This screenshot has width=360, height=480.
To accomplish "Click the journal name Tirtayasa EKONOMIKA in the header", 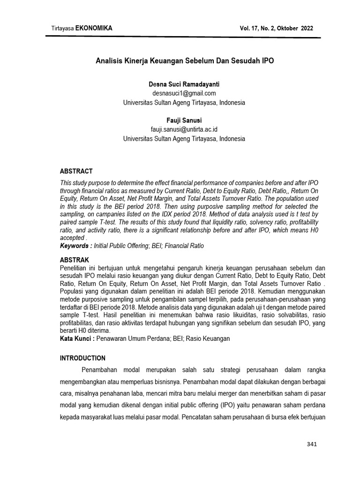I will point(82,29).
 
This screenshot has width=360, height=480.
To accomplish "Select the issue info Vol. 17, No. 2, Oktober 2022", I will point(276,29).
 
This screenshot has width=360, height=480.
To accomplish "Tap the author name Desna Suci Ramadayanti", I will point(184,84).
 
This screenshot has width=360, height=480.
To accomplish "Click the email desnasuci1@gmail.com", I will point(184,93).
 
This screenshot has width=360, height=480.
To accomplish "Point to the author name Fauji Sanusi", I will point(184,120).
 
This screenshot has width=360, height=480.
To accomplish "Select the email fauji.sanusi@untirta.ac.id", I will point(184,129).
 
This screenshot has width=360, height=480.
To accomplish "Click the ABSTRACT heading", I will point(76,171).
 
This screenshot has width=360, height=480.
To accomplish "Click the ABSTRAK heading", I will point(75,260).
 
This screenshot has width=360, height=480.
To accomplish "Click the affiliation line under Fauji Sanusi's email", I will point(184,139).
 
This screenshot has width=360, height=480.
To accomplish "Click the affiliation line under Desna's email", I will point(184,102).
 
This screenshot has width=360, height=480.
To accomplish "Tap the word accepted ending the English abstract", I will point(72,238).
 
